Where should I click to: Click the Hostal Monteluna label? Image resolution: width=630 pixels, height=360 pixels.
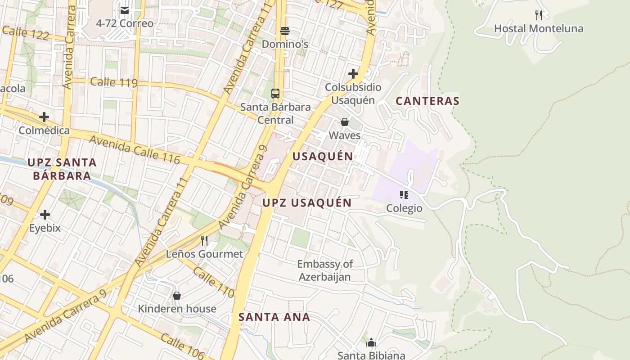pyautogui.click(x=538, y=29)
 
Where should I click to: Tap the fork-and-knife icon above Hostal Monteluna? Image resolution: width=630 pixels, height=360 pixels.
pyautogui.click(x=538, y=15)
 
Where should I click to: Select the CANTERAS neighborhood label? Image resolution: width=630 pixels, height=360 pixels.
pyautogui.click(x=427, y=101)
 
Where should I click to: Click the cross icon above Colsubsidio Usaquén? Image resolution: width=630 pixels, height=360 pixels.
pyautogui.click(x=353, y=74)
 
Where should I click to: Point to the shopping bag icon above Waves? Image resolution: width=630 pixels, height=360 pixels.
pyautogui.click(x=345, y=122)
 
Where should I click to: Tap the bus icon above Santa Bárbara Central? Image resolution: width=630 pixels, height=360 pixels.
pyautogui.click(x=275, y=94)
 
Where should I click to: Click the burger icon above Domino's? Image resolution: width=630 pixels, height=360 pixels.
pyautogui.click(x=284, y=31)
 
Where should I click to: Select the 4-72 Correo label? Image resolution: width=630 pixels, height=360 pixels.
pyautogui.click(x=125, y=23)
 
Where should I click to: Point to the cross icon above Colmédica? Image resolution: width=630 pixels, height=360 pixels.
pyautogui.click(x=44, y=117)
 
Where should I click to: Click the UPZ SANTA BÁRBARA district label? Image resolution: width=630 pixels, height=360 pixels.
pyautogui.click(x=62, y=169)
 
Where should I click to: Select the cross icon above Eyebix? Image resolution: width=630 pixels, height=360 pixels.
pyautogui.click(x=45, y=215)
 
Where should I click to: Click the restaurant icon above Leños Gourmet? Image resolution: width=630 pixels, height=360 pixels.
pyautogui.click(x=204, y=241)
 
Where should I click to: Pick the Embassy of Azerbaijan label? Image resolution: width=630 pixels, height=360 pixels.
pyautogui.click(x=325, y=270)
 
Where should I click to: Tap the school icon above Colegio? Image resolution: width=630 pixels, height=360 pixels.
pyautogui.click(x=404, y=195)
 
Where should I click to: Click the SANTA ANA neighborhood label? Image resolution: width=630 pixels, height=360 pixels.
pyautogui.click(x=274, y=317)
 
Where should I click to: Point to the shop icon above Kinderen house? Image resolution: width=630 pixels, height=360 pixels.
pyautogui.click(x=177, y=296)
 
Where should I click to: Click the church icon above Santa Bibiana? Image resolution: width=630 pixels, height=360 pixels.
pyautogui.click(x=371, y=343)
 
